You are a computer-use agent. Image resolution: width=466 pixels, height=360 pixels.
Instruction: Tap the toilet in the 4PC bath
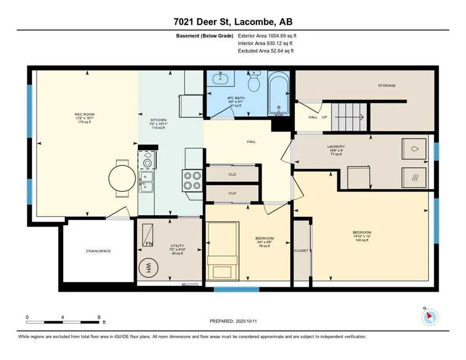(x=254, y=82)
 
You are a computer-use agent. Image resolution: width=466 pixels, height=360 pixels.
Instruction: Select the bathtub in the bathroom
(x=279, y=93)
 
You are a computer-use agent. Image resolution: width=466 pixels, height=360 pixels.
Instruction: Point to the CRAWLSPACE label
(x=98, y=251)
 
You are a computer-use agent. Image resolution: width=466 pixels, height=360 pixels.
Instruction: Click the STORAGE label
(x=387, y=85)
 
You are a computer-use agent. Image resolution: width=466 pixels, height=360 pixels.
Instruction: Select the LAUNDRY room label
(x=336, y=146)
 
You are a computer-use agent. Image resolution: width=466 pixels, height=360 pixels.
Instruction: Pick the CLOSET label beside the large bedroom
(x=301, y=251)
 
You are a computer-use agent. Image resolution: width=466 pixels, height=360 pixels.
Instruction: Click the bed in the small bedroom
(x=223, y=252)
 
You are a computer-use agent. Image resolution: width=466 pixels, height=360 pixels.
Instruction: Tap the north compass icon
(x=429, y=317)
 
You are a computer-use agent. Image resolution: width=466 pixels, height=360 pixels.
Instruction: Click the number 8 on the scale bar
(x=99, y=317)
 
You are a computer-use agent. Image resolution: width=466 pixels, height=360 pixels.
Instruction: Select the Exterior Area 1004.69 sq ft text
(x=267, y=35)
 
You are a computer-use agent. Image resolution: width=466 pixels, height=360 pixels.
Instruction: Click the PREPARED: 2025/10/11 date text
(x=233, y=321)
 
